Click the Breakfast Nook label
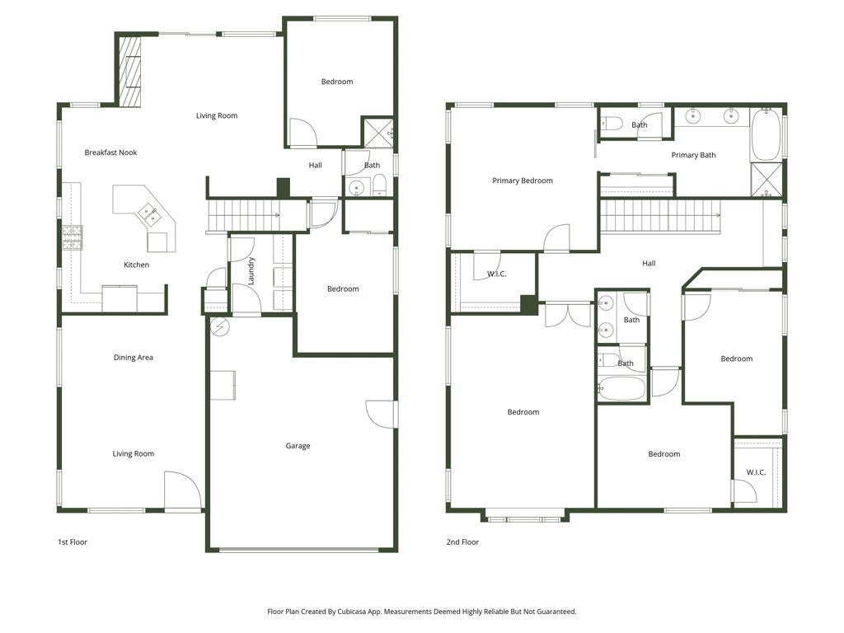pos(110,152)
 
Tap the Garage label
pos(298,446)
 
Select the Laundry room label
pos(251,271)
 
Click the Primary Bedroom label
pos(523,181)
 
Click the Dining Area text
pos(134,358)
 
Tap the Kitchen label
pos(137,265)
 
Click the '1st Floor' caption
pos(72,542)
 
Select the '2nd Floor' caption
pos(463,542)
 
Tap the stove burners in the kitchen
pos(72,237)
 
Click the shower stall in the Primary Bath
pos(767,180)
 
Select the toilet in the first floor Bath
pos(377,185)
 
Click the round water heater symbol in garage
pos(219,326)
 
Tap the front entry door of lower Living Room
pos(182,492)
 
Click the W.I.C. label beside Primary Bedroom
pos(496,274)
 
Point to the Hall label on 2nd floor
pos(649,264)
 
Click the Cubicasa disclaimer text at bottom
pos(421,612)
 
